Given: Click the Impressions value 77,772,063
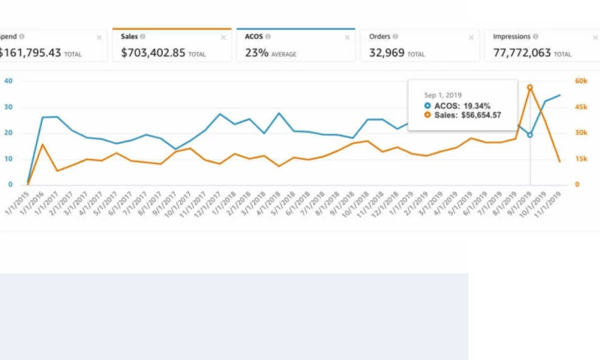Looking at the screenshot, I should click(523, 54).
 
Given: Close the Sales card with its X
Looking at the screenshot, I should click(223, 37).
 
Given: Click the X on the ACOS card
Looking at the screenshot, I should click(347, 37).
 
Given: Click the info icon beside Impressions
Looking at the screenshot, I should click(535, 36).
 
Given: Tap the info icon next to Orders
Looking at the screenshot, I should click(395, 36).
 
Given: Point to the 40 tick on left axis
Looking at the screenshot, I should click(8, 81).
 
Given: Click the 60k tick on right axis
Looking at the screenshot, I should click(580, 81).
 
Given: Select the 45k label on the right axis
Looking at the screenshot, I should click(580, 107).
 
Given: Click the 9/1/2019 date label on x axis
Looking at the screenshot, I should click(522, 202).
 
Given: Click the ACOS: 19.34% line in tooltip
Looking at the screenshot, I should click(462, 106).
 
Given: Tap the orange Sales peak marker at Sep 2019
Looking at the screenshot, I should click(529, 87).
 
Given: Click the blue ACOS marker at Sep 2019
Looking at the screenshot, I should click(529, 135).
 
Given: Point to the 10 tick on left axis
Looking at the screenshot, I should click(8, 159).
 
